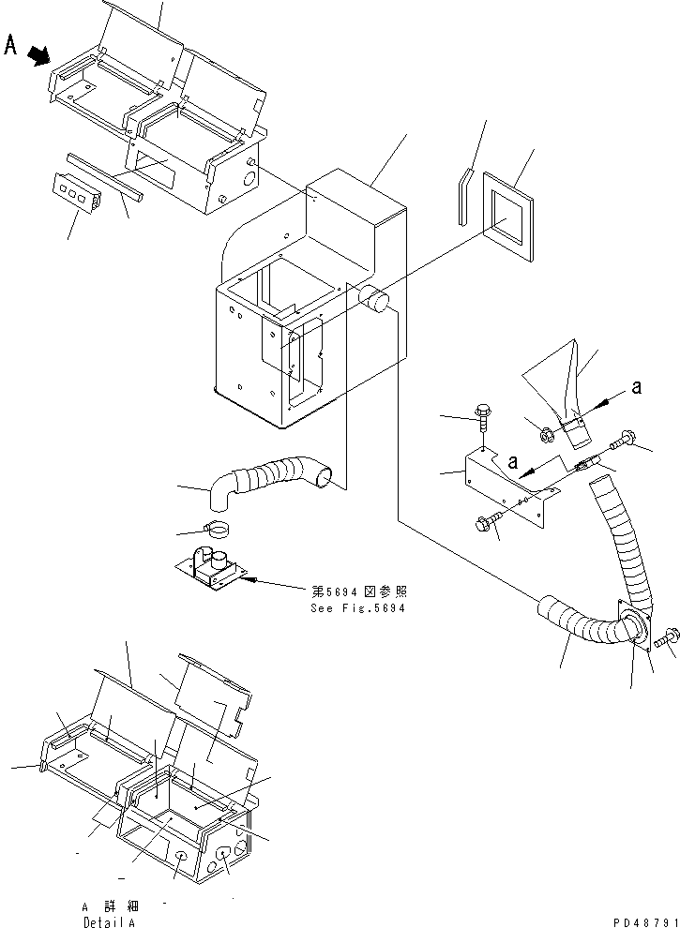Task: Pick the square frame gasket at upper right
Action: point(506,215)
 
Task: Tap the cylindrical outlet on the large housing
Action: point(377,300)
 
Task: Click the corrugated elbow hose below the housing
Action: point(272,474)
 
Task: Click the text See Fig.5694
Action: point(359,607)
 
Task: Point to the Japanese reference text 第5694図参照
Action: point(359,591)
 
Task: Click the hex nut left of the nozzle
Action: point(544,433)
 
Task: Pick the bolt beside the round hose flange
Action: point(668,638)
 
